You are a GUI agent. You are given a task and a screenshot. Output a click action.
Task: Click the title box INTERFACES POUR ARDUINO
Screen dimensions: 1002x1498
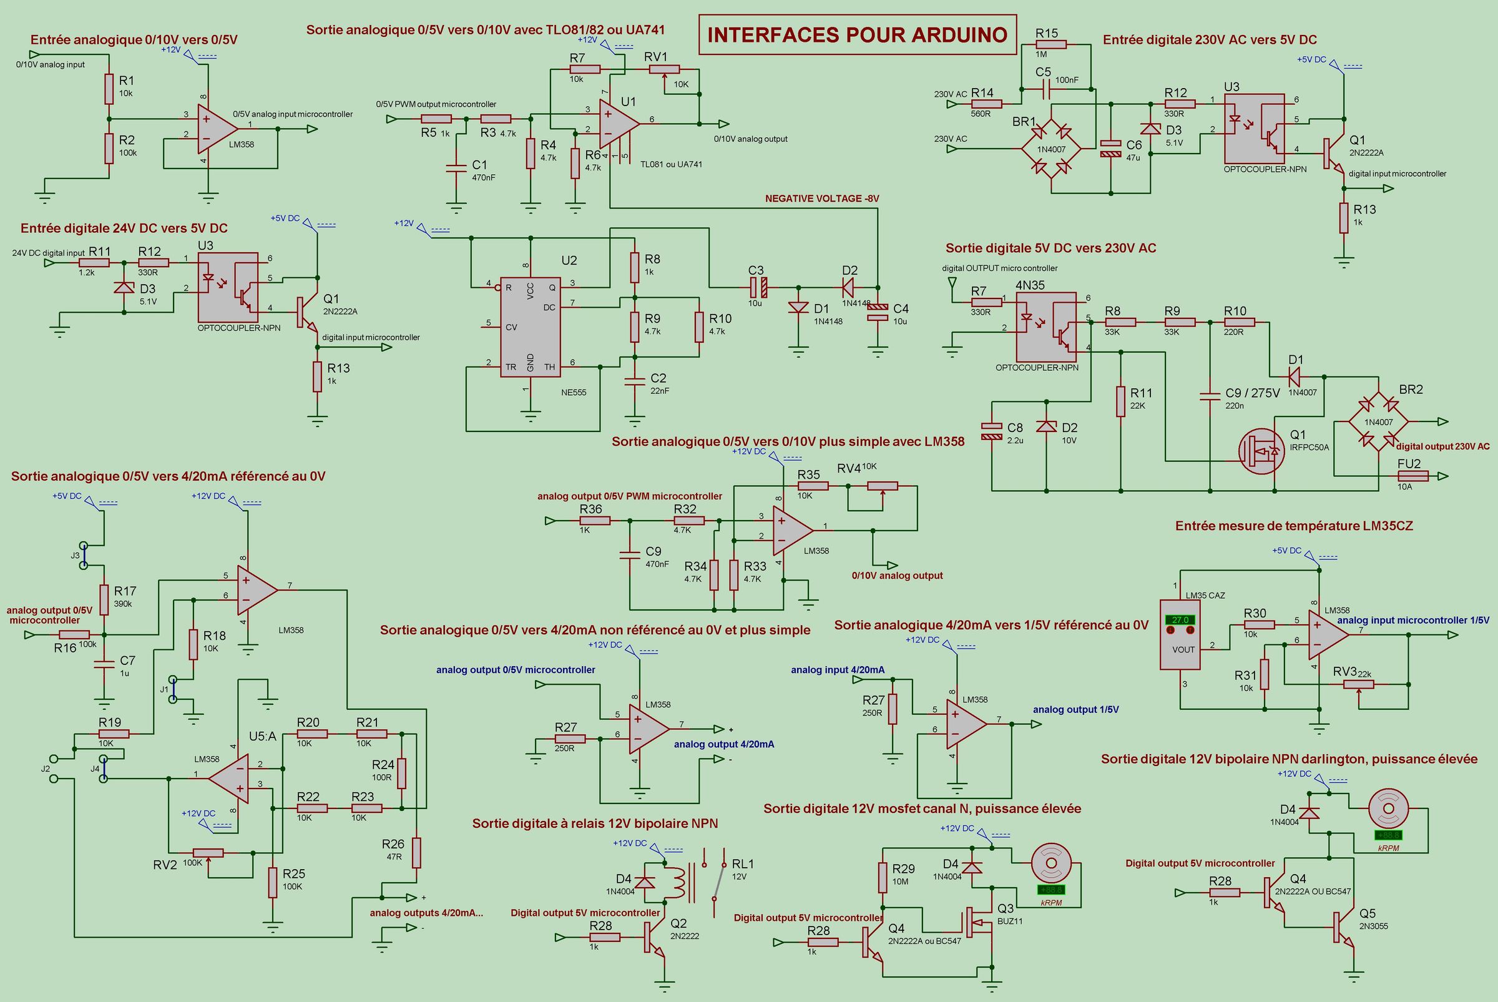pyautogui.click(x=857, y=34)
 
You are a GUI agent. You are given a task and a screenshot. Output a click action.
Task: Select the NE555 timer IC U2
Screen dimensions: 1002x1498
pyautogui.click(x=530, y=327)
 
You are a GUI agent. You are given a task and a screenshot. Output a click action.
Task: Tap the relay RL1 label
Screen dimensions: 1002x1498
pyautogui.click(x=743, y=863)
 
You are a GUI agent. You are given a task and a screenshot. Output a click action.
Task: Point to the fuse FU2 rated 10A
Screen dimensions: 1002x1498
pyautogui.click(x=1413, y=476)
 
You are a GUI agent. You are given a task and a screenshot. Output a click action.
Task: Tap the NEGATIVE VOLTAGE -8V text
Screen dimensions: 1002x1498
pyautogui.click(x=822, y=199)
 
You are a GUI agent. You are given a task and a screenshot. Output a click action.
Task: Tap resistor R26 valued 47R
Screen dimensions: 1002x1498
pyautogui.click(x=416, y=852)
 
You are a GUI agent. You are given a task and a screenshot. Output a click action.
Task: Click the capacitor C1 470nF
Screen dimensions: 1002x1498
pyautogui.click(x=456, y=168)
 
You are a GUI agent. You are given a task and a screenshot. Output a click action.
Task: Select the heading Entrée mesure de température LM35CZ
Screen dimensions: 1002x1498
pyautogui.click(x=1295, y=526)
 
